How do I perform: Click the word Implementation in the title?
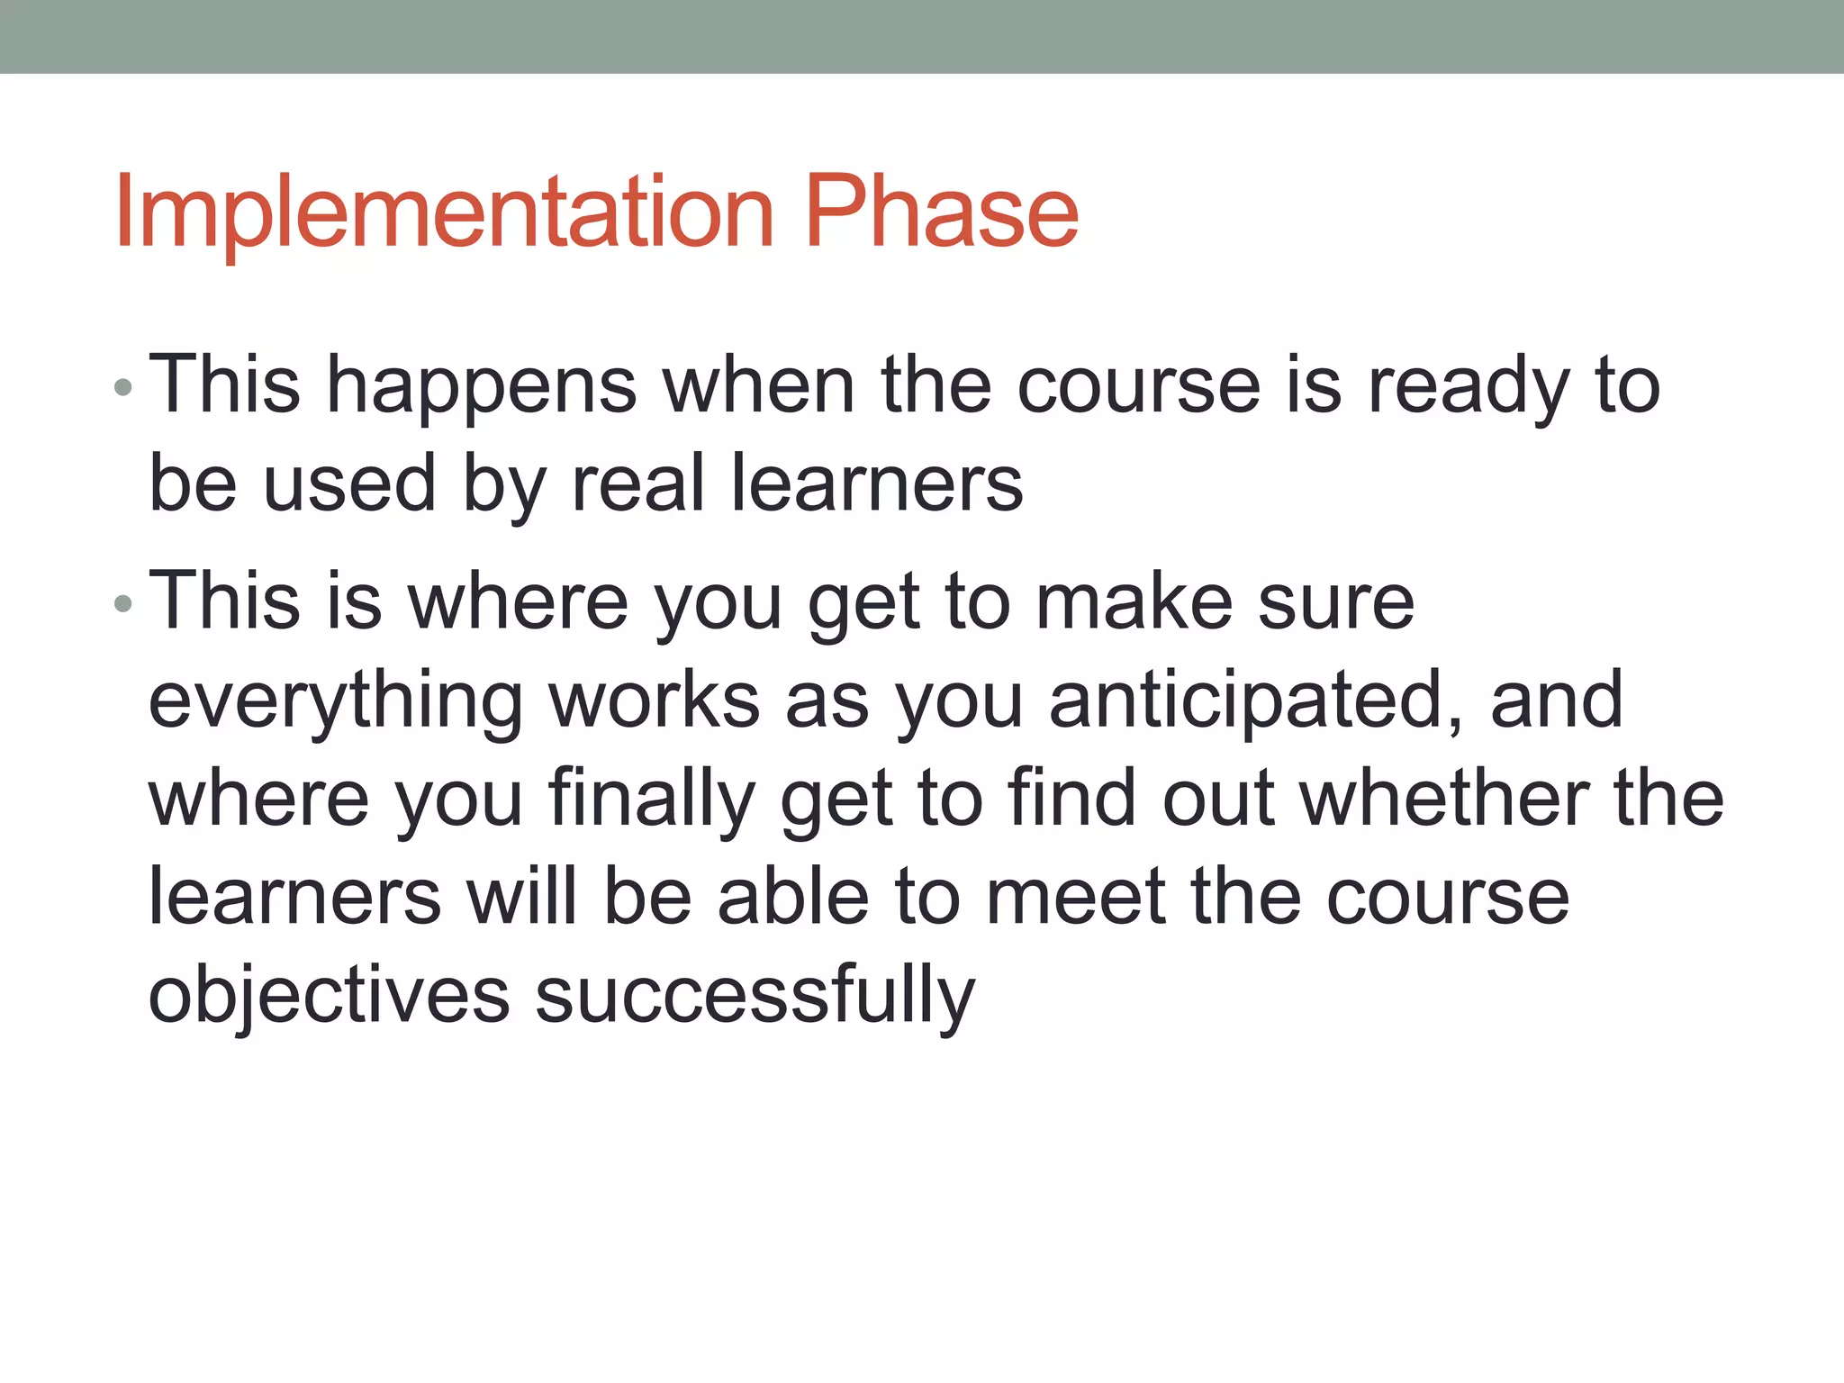click(x=444, y=212)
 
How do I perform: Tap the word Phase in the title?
click(x=941, y=212)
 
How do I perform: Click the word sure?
click(x=1335, y=602)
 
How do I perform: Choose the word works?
click(x=655, y=701)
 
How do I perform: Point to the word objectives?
click(x=329, y=997)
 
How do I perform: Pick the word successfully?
click(x=755, y=997)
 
